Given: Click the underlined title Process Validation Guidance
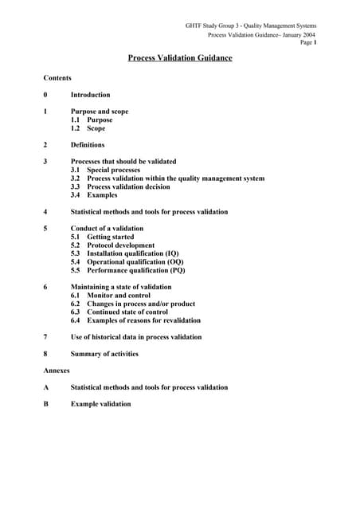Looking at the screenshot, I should pyautogui.click(x=180, y=58).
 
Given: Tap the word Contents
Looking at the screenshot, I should pyautogui.click(x=57, y=78).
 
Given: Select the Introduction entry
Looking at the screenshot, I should pyautogui.click(x=90, y=95).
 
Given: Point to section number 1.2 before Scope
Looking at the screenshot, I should pyautogui.click(x=76, y=128).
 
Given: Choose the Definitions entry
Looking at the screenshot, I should pyautogui.click(x=88, y=145).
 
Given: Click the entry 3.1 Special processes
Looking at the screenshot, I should pyautogui.click(x=105, y=170).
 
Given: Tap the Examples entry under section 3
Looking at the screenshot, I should pyautogui.click(x=102, y=195).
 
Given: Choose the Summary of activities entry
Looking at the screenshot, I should pyautogui.click(x=104, y=354).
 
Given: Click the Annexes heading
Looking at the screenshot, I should pyautogui.click(x=57, y=371).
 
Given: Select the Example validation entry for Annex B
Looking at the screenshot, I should pyautogui.click(x=101, y=404).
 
